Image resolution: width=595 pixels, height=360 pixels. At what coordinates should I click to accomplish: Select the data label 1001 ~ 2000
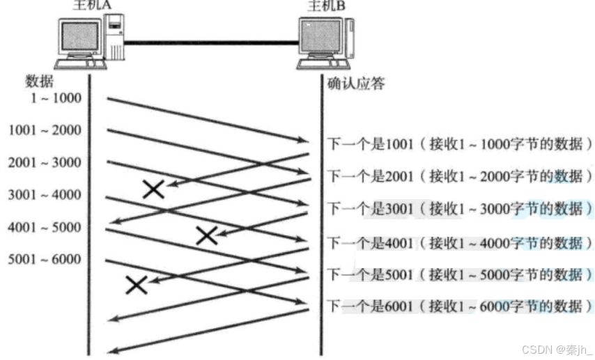coord(45,130)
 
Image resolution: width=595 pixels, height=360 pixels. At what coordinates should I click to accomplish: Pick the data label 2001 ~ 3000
coord(45,163)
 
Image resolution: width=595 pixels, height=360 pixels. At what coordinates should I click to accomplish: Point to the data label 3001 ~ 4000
coord(45,195)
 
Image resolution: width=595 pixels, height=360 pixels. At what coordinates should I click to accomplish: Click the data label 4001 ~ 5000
coord(45,228)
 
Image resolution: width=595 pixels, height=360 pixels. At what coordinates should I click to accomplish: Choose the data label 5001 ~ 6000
coord(45,260)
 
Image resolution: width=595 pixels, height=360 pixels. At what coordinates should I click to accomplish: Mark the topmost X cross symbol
coord(153,189)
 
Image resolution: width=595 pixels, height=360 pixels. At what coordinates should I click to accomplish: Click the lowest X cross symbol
coord(136,284)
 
